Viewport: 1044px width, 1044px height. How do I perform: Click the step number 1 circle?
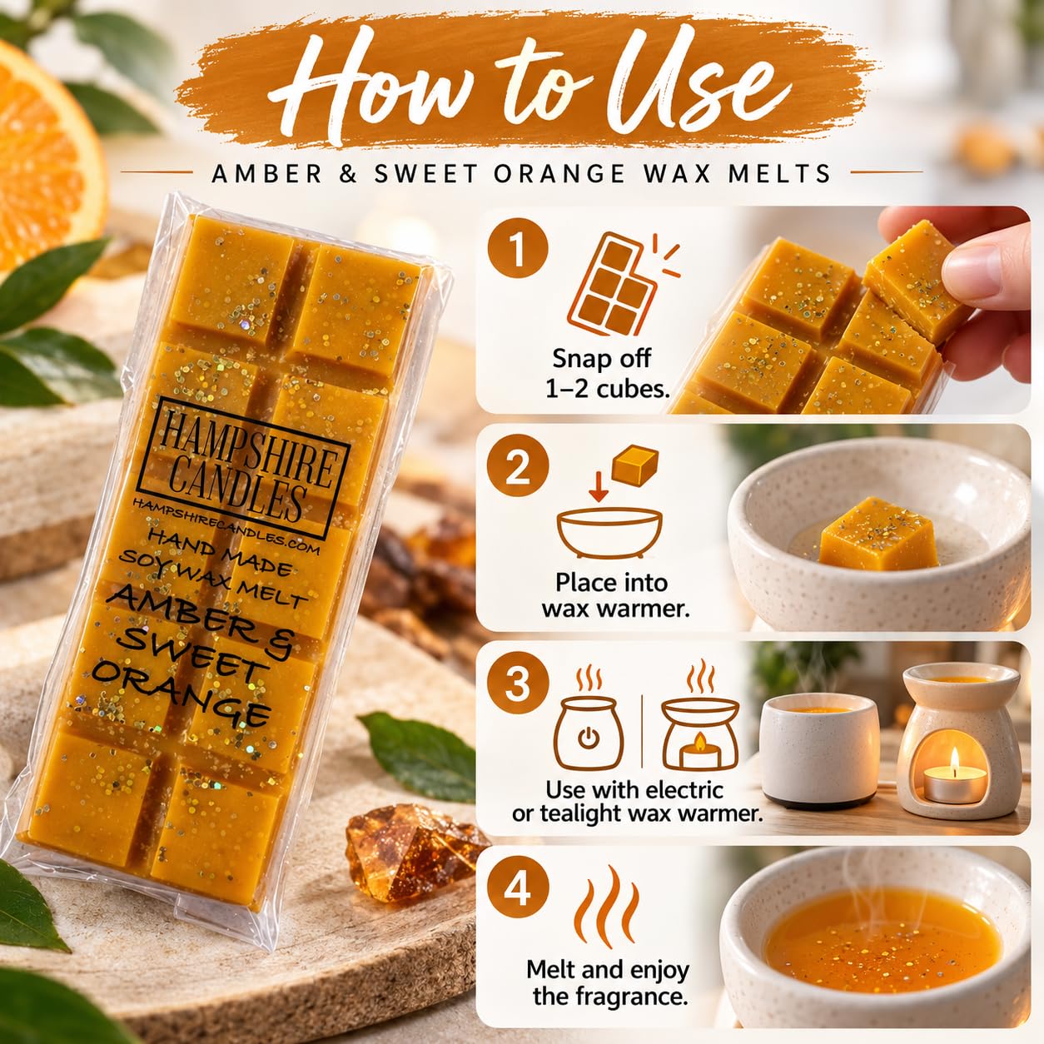click(x=518, y=250)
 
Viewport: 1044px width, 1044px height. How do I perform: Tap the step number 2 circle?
click(x=518, y=467)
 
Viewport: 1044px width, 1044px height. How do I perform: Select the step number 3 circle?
click(x=518, y=684)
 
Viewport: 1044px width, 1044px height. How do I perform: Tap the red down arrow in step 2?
click(x=598, y=486)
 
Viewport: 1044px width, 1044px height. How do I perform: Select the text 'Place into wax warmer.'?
click(x=615, y=595)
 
